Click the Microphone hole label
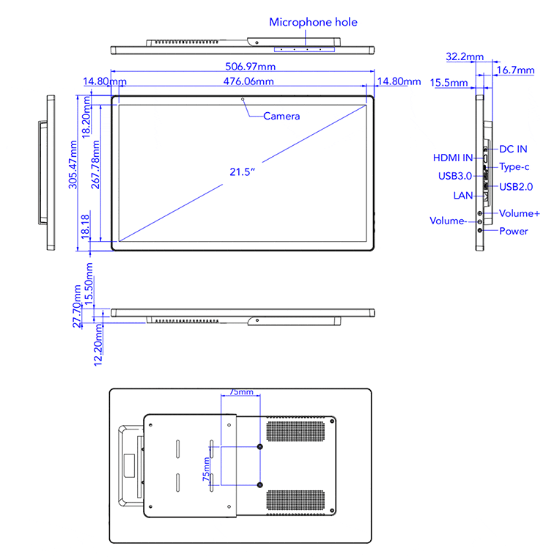(313, 22)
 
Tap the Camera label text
(281, 116)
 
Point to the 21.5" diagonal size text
(241, 172)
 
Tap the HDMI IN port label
(453, 158)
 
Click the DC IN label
(513, 149)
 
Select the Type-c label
(514, 167)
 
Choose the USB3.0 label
(453, 175)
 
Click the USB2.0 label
(516, 186)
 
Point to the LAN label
(463, 196)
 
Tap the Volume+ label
(520, 213)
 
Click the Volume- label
(447, 221)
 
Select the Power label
(513, 231)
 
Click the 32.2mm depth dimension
(464, 56)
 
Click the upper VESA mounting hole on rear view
(260, 447)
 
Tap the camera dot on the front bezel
(243, 98)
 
